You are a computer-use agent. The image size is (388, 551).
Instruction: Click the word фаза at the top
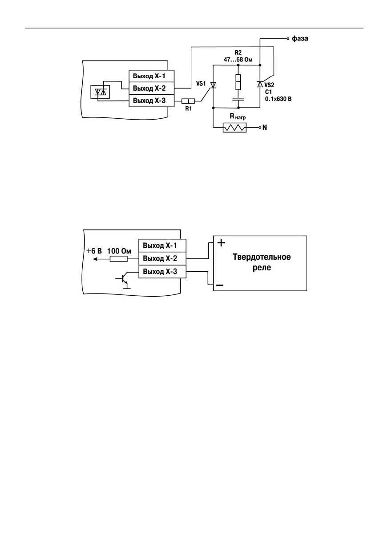point(300,39)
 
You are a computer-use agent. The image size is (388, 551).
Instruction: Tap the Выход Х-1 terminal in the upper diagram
point(152,76)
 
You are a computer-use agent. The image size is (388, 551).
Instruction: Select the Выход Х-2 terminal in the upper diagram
point(152,88)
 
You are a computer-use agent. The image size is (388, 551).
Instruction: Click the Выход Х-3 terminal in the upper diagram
point(152,101)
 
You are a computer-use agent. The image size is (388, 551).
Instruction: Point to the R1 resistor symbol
point(188,101)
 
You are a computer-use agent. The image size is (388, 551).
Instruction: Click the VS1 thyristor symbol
point(213,85)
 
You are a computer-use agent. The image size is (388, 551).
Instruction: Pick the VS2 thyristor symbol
point(260,84)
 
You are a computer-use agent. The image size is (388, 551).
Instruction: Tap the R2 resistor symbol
point(238,82)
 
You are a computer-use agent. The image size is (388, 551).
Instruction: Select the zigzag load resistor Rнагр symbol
point(234,128)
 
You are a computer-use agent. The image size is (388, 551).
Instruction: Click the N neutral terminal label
point(265,128)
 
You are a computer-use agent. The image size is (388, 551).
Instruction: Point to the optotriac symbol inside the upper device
point(100,92)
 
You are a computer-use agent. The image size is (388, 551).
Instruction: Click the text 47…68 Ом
point(238,60)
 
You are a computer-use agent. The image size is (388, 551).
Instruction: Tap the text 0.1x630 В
point(278,99)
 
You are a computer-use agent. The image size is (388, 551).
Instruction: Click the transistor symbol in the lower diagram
point(123,280)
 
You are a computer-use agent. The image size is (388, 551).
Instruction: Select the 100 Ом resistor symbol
point(119,259)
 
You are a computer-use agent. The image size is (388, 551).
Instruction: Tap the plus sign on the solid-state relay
point(221,243)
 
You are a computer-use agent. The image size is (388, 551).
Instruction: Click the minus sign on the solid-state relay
point(220,286)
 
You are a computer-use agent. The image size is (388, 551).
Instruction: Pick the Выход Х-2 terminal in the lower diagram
point(162,258)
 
